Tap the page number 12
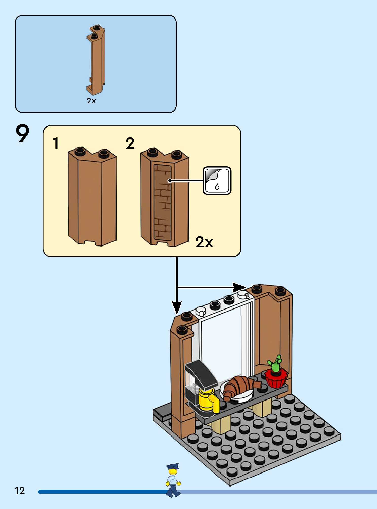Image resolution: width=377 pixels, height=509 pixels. tap(20, 491)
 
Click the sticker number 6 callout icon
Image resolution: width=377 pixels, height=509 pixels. tap(217, 180)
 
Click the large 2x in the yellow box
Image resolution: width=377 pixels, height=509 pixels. tap(204, 242)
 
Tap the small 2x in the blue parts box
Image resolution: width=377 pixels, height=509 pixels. tap(91, 101)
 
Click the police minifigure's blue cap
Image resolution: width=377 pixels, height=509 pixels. tap(173, 466)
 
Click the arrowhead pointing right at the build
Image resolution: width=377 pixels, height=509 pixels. tap(239, 287)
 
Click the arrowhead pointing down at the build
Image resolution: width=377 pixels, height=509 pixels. tap(177, 307)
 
